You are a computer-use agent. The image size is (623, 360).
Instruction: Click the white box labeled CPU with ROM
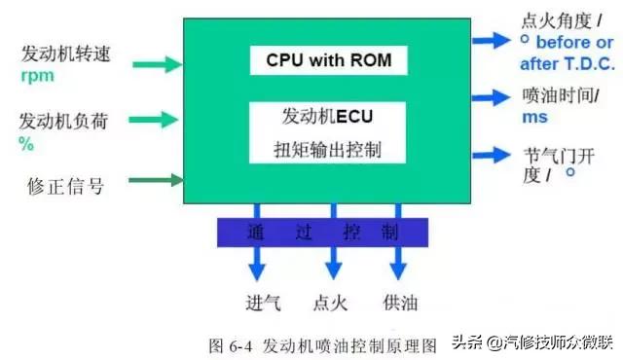click(x=327, y=60)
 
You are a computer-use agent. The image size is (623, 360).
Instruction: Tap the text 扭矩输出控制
click(x=327, y=152)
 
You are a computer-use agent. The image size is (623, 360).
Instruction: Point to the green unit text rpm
click(x=37, y=74)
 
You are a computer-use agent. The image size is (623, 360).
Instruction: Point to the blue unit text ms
click(x=534, y=118)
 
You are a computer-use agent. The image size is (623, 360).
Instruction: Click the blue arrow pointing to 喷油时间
click(x=492, y=97)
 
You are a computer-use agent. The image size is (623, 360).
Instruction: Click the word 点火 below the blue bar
click(x=332, y=303)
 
